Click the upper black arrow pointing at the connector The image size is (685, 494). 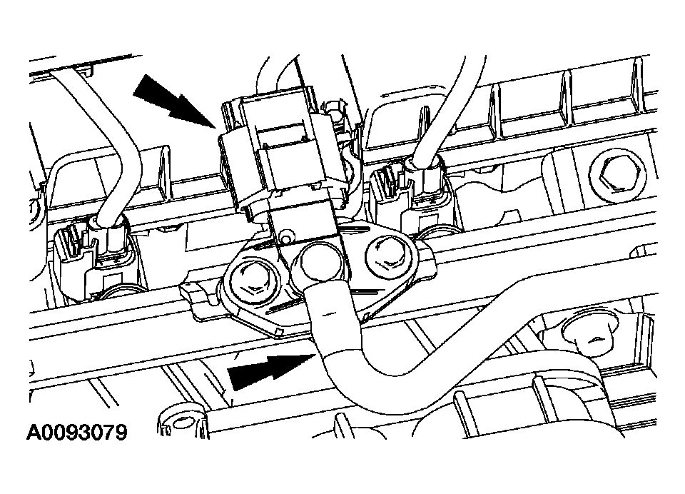(175, 101)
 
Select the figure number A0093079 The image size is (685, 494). (77, 433)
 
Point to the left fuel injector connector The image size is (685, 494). (94, 258)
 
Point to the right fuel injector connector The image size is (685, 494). (413, 197)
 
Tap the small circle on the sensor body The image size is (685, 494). (287, 237)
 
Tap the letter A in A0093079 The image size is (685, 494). (34, 433)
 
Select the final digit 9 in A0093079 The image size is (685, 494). (121, 433)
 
